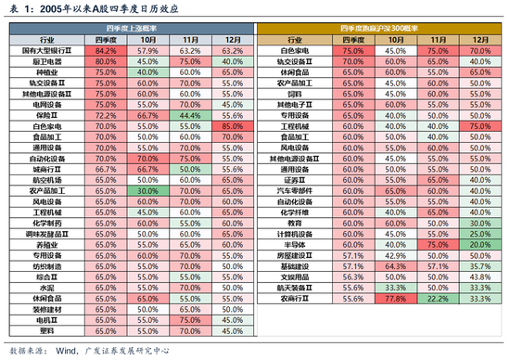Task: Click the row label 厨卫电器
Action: click(45, 61)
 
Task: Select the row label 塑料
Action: click(45, 330)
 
